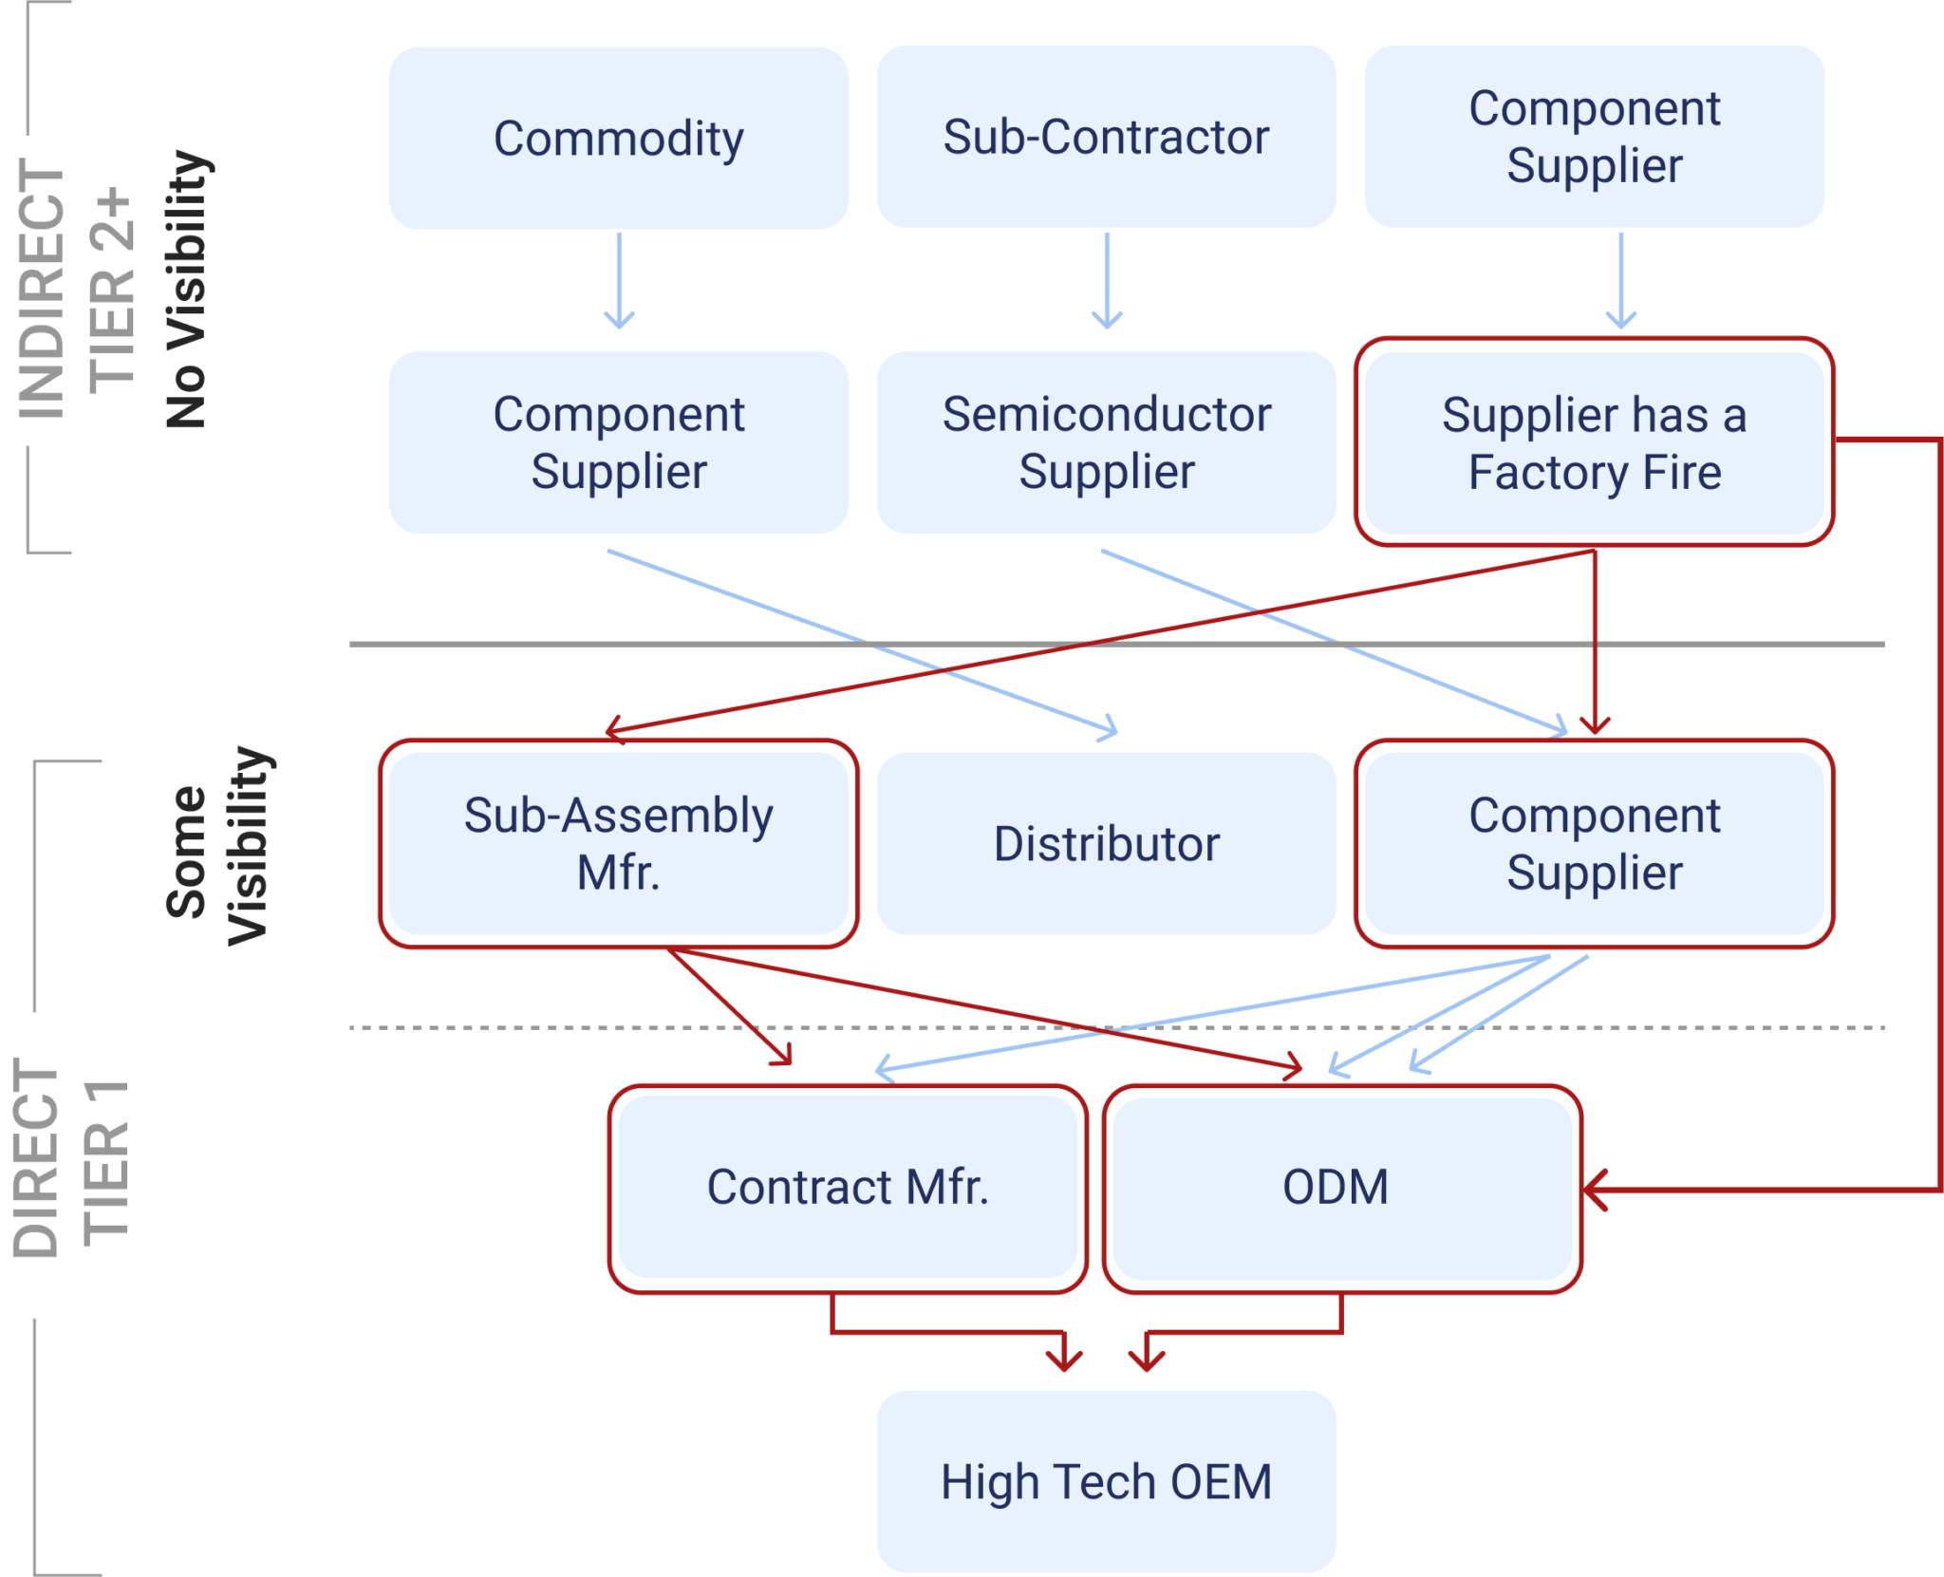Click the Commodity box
pos(619,138)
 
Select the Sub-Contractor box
pos(1106,136)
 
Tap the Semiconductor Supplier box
pos(1106,442)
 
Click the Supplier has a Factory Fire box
pos(1594,442)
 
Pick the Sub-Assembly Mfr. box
pos(619,843)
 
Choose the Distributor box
pos(1106,843)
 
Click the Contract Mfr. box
pos(848,1187)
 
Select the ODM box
pos(1336,1187)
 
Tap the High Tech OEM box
pos(1106,1481)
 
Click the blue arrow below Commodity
pos(619,280)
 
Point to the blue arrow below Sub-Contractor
pos(1107,280)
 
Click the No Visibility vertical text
pos(186,290)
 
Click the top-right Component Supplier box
pos(1594,136)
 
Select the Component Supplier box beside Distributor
pos(1594,843)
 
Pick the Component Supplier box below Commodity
pos(619,442)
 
